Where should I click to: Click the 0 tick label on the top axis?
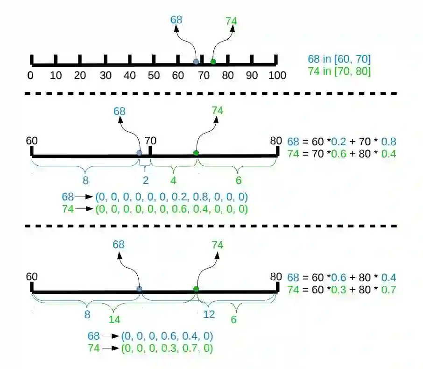(x=30, y=76)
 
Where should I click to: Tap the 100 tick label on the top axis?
(x=277, y=76)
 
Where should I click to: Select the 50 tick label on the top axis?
(x=154, y=76)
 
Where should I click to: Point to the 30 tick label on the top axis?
(x=105, y=76)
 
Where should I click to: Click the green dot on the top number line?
(x=213, y=62)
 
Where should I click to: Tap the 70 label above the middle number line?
(x=150, y=141)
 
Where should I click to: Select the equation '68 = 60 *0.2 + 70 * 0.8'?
(x=342, y=142)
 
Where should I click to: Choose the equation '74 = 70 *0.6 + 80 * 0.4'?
(x=342, y=153)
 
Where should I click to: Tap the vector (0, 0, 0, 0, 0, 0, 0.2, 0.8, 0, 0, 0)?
(x=171, y=197)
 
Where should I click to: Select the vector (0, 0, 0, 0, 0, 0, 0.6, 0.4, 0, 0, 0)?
(x=171, y=209)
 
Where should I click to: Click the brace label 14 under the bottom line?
(x=115, y=320)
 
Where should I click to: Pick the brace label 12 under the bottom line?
(x=209, y=314)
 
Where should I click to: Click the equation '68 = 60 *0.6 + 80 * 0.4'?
(x=342, y=277)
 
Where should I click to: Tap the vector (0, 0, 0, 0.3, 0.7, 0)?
(x=168, y=348)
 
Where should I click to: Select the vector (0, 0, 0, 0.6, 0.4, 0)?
(x=168, y=336)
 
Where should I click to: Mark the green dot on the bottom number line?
(x=196, y=289)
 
